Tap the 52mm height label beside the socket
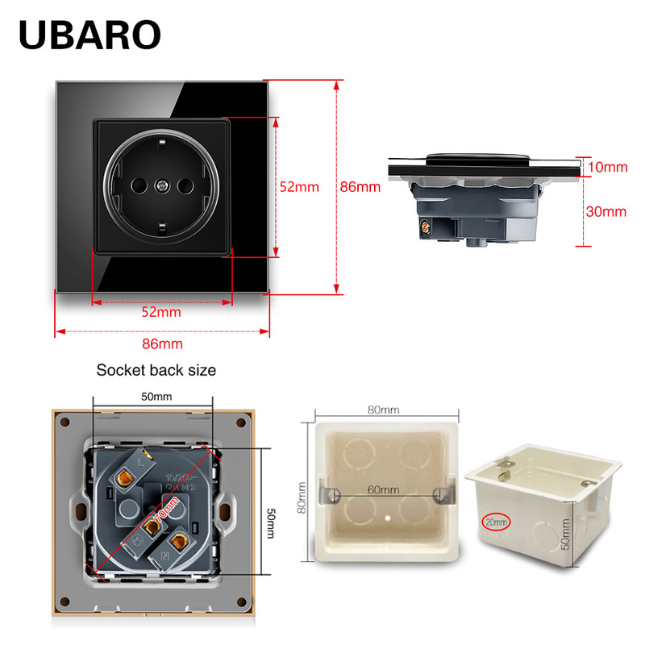[x=299, y=186]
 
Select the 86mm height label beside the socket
[x=360, y=186]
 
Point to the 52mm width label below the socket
[x=161, y=312]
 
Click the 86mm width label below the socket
[x=162, y=343]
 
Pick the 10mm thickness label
[x=607, y=168]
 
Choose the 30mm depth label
[x=605, y=212]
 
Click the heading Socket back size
[x=156, y=371]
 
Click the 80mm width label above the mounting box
[x=384, y=410]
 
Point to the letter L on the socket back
[x=142, y=464]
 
